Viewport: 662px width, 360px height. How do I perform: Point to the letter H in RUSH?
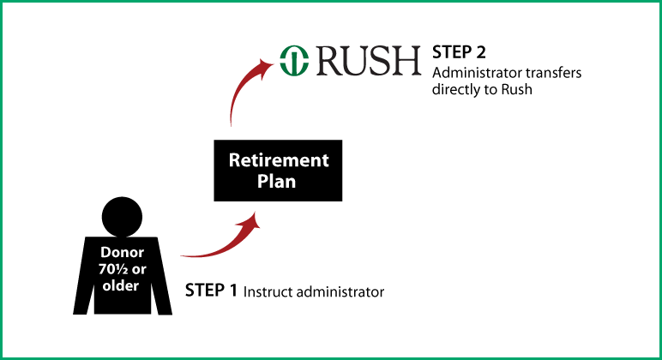point(408,61)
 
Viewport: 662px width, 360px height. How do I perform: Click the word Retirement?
point(278,160)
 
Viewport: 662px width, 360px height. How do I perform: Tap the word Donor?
point(121,254)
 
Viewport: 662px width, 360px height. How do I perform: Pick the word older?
point(121,286)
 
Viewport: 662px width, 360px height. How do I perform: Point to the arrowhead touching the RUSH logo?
point(267,62)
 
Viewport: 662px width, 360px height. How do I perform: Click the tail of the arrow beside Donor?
point(184,255)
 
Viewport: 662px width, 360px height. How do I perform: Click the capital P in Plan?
point(263,182)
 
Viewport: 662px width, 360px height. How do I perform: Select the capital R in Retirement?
point(233,160)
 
